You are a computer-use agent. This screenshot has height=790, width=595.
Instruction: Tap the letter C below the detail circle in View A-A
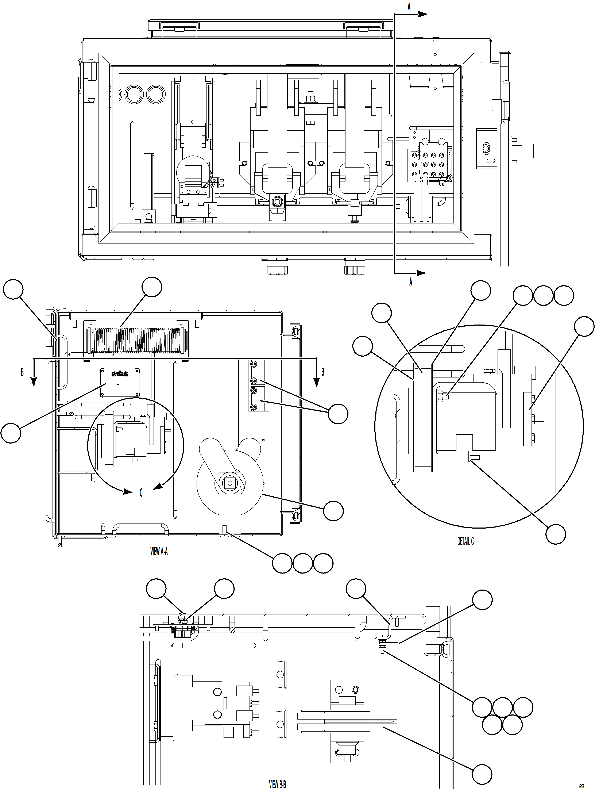pos(141,493)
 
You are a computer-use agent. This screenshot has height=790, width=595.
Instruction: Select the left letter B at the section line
pos(22,372)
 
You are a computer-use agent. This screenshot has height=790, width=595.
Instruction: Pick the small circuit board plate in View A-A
pos(120,383)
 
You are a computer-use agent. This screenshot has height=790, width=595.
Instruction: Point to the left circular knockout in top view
pos(134,94)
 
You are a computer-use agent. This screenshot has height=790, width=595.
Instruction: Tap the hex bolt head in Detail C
pos(440,395)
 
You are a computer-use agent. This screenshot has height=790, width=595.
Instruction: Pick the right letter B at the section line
pos(323,372)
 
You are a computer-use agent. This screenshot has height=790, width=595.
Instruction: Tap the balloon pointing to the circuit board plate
pos(11,433)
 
